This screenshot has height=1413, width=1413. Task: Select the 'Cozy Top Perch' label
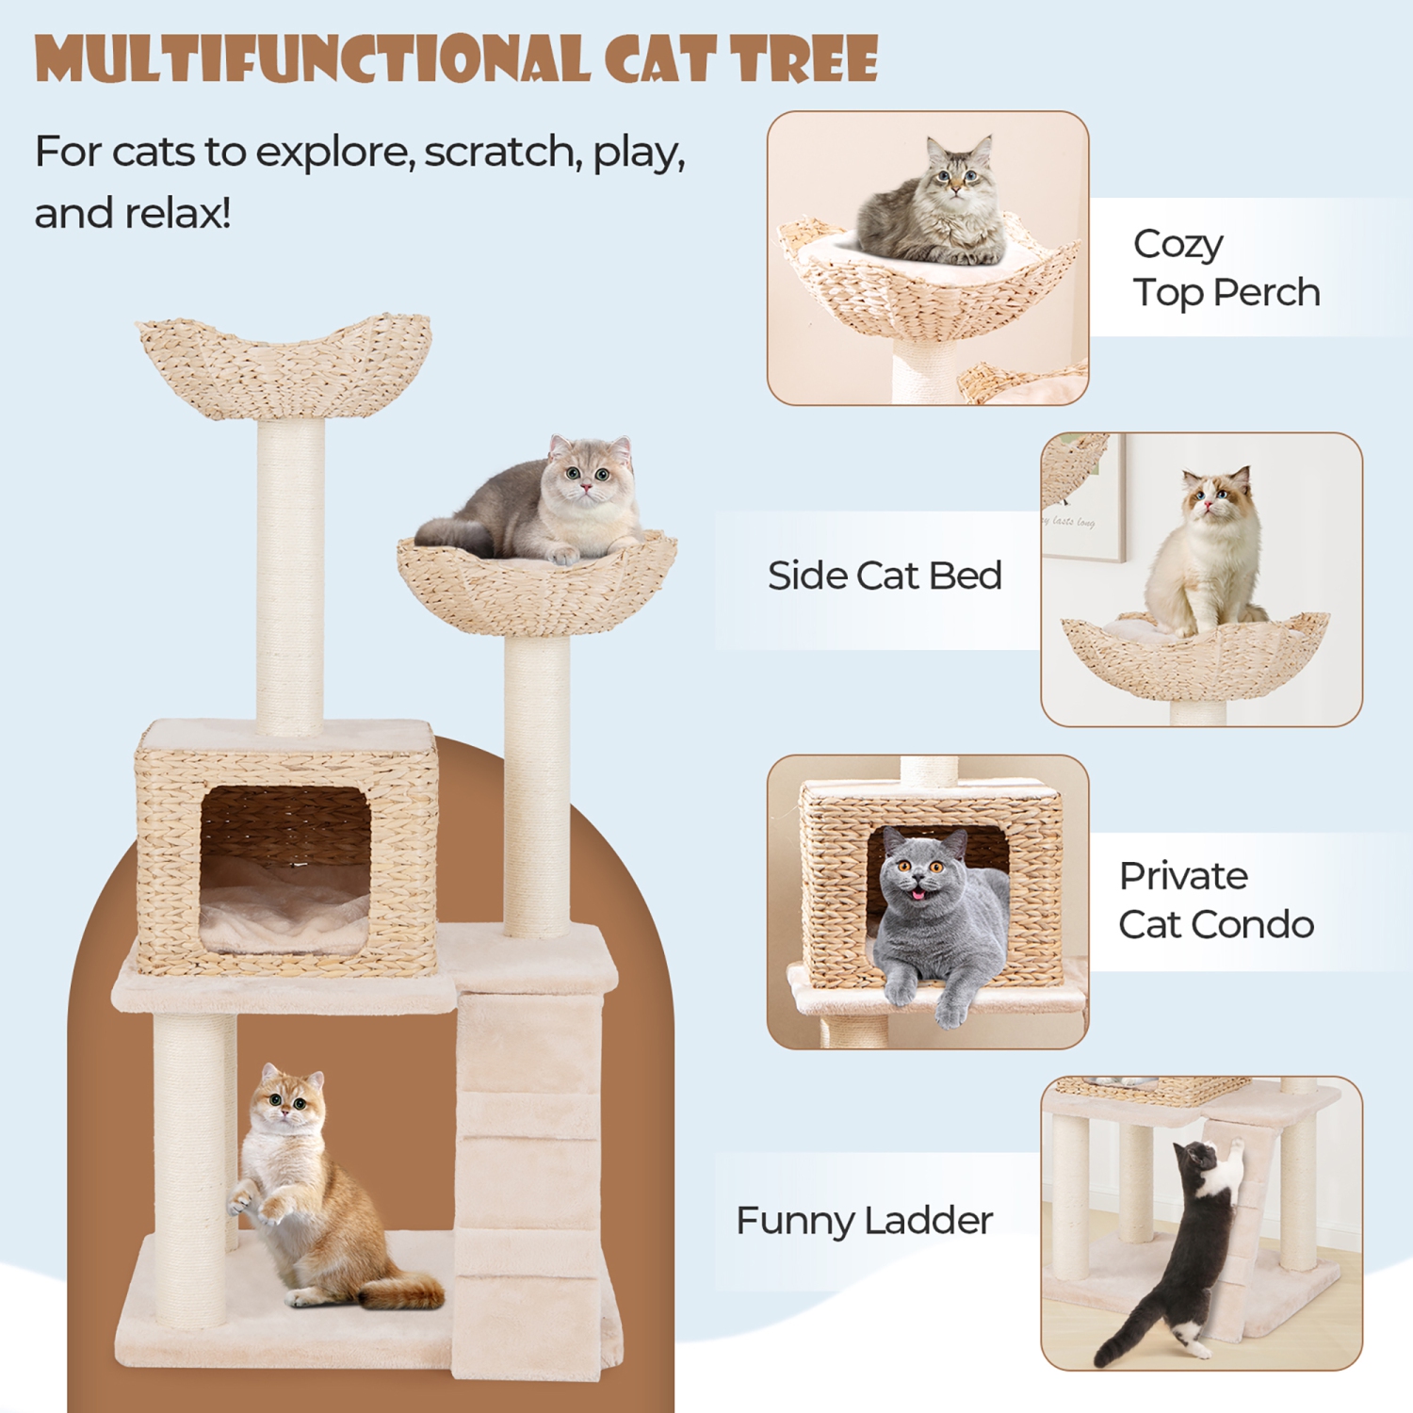coord(1226,268)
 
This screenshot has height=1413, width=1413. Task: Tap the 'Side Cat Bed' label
coord(884,576)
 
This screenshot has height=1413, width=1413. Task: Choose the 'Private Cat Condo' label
coord(1215,901)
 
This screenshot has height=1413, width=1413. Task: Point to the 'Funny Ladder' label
coord(864,1221)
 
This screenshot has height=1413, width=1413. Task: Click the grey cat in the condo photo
coord(933,918)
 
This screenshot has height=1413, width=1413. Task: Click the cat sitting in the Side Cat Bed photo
coord(1206,556)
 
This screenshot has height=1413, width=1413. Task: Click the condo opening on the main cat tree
coord(284,867)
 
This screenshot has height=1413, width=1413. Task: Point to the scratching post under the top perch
coord(290,575)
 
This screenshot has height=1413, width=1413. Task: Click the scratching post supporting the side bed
coord(536,782)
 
